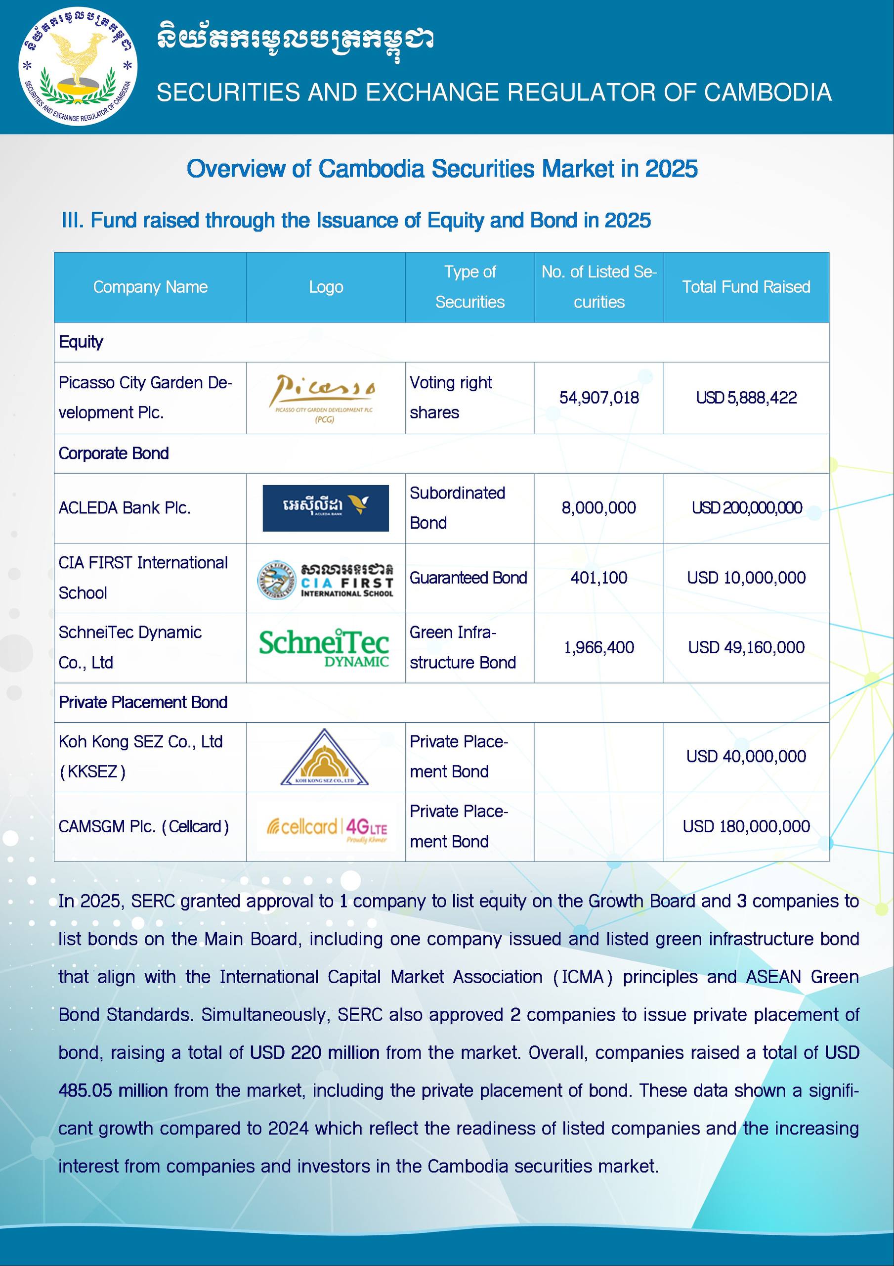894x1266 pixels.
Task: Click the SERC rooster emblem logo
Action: tap(78, 66)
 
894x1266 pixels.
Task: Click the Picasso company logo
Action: tap(325, 398)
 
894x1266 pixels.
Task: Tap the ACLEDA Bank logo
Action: tap(325, 508)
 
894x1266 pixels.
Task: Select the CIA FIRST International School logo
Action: tap(325, 579)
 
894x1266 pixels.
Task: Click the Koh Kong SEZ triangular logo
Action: tap(324, 757)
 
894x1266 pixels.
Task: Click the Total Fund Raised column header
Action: tap(746, 287)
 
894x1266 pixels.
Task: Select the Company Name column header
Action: tap(150, 287)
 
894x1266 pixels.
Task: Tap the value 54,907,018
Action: tap(598, 398)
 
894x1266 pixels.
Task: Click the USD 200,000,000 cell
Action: tap(746, 507)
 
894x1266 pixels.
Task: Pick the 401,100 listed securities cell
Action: tap(598, 578)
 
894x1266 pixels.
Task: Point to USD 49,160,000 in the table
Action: tap(746, 647)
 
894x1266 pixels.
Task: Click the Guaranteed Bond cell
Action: tap(468, 578)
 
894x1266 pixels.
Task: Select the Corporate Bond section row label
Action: tap(114, 453)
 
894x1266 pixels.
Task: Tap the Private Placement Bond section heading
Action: tap(143, 702)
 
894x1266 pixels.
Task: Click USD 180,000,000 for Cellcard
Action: tap(746, 826)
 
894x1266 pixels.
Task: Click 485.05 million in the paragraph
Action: tap(113, 1090)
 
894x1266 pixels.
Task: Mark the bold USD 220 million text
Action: tap(314, 1052)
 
